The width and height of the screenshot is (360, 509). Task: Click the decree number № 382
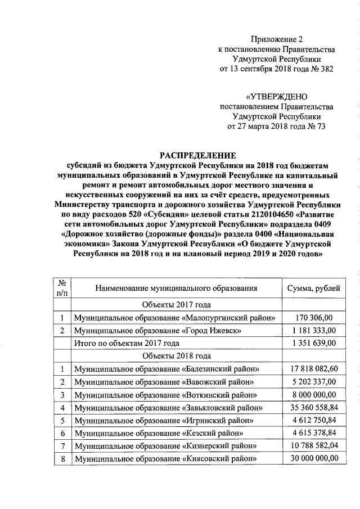[321, 69]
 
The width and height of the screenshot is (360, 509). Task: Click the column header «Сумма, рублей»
[313, 288]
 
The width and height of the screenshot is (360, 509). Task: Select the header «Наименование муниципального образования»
[176, 288]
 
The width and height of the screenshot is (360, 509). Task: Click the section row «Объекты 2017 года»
[176, 305]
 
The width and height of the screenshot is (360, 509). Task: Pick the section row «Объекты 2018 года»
[176, 356]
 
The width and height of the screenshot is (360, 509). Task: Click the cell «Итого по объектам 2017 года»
[127, 343]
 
